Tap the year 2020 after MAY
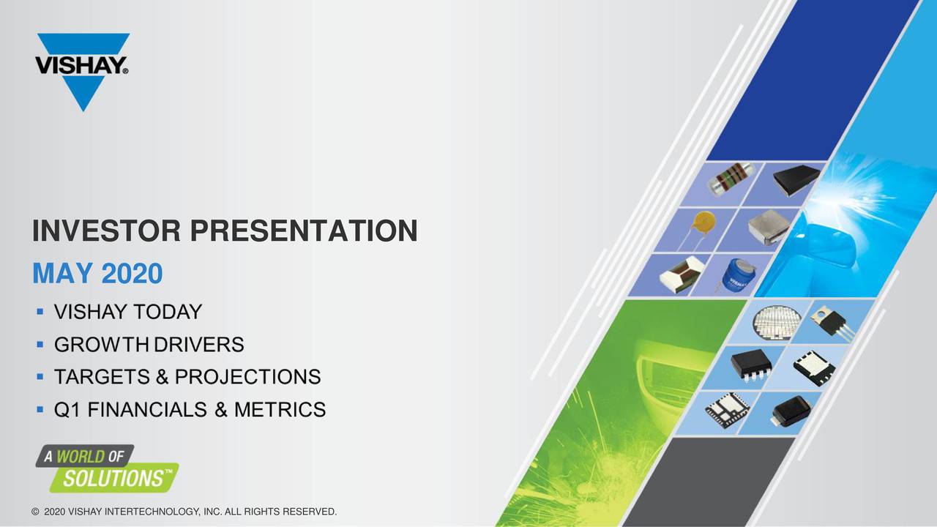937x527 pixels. [x=132, y=274]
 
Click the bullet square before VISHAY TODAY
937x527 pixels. [x=40, y=313]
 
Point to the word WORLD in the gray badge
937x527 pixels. [x=81, y=457]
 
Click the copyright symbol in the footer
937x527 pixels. [x=35, y=511]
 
